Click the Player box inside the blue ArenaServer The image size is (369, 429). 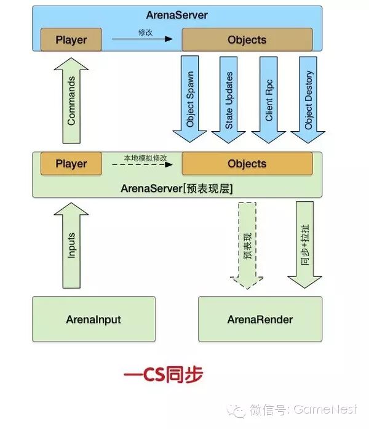[x=71, y=40]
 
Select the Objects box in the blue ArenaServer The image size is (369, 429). [x=247, y=40]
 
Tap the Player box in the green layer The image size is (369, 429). [x=71, y=164]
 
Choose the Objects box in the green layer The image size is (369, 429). [x=247, y=164]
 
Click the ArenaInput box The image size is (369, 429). [x=93, y=319]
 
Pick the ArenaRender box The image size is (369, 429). [x=260, y=319]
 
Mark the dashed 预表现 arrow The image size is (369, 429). [x=248, y=245]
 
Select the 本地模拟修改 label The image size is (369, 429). [x=143, y=158]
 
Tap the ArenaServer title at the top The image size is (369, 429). [x=177, y=14]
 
